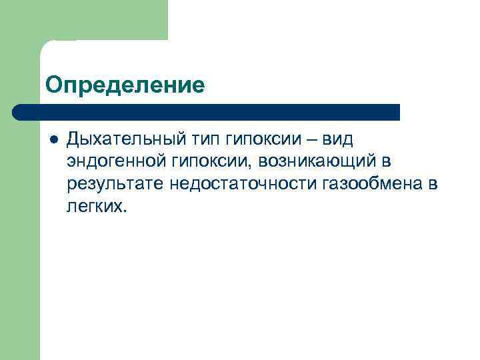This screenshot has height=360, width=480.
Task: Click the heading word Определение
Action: tap(125, 85)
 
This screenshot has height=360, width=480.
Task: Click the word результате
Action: tap(115, 184)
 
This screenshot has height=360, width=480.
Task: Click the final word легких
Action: tap(95, 207)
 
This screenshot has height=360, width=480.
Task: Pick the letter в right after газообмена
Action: tap(433, 184)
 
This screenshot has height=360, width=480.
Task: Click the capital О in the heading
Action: tap(53, 85)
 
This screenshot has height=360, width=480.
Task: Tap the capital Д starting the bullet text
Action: tap(74, 140)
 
